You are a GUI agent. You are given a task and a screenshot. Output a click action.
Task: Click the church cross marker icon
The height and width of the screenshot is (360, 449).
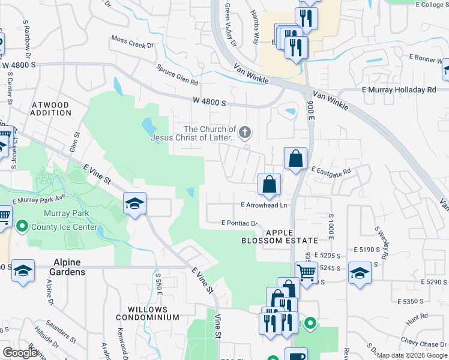[x=244, y=131]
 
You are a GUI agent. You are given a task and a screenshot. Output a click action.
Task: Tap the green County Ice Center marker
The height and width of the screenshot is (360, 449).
[x=22, y=227]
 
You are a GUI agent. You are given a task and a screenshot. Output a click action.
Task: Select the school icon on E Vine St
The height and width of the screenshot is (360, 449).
[x=135, y=204]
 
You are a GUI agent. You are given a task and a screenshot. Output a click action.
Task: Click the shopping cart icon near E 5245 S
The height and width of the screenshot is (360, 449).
[x=307, y=273]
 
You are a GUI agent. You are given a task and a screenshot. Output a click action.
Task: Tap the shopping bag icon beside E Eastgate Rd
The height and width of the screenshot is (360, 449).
[x=295, y=159]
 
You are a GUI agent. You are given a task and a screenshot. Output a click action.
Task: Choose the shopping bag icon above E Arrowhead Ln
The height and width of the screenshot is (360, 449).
[x=270, y=185]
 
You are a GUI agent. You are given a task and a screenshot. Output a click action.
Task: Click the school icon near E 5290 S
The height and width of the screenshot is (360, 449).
[x=360, y=273]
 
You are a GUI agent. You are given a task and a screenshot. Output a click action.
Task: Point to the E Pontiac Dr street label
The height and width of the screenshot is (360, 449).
[x=239, y=223]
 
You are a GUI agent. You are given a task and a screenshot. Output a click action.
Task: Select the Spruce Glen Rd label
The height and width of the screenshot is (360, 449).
[x=178, y=75]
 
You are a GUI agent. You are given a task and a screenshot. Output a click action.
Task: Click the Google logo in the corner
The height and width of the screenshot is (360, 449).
[x=20, y=353]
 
